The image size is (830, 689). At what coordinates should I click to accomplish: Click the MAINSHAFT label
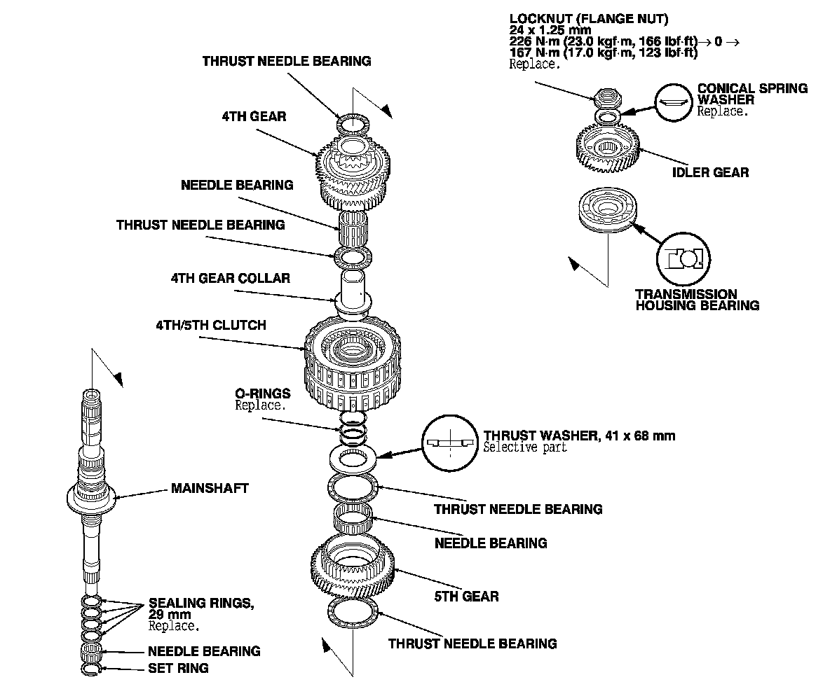click(x=210, y=488)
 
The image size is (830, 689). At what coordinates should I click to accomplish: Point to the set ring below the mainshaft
click(x=92, y=669)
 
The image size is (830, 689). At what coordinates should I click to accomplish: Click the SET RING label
click(x=178, y=668)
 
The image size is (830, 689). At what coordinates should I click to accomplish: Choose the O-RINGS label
click(x=263, y=394)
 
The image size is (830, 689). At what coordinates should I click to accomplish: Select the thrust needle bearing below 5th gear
click(x=353, y=611)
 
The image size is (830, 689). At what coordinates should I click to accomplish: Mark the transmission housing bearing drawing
click(x=606, y=210)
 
